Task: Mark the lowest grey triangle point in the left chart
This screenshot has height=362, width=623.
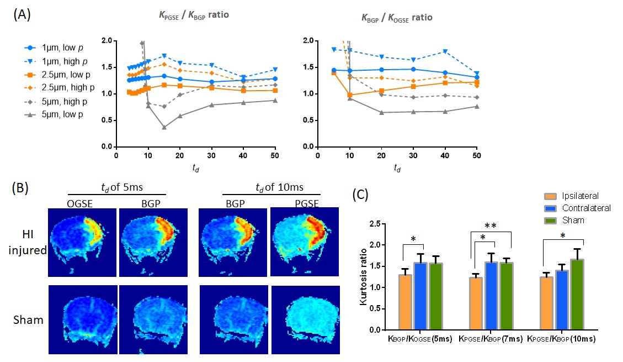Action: pyautogui.click(x=164, y=128)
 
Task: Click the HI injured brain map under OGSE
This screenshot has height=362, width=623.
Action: pyautogui.click(x=82, y=242)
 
